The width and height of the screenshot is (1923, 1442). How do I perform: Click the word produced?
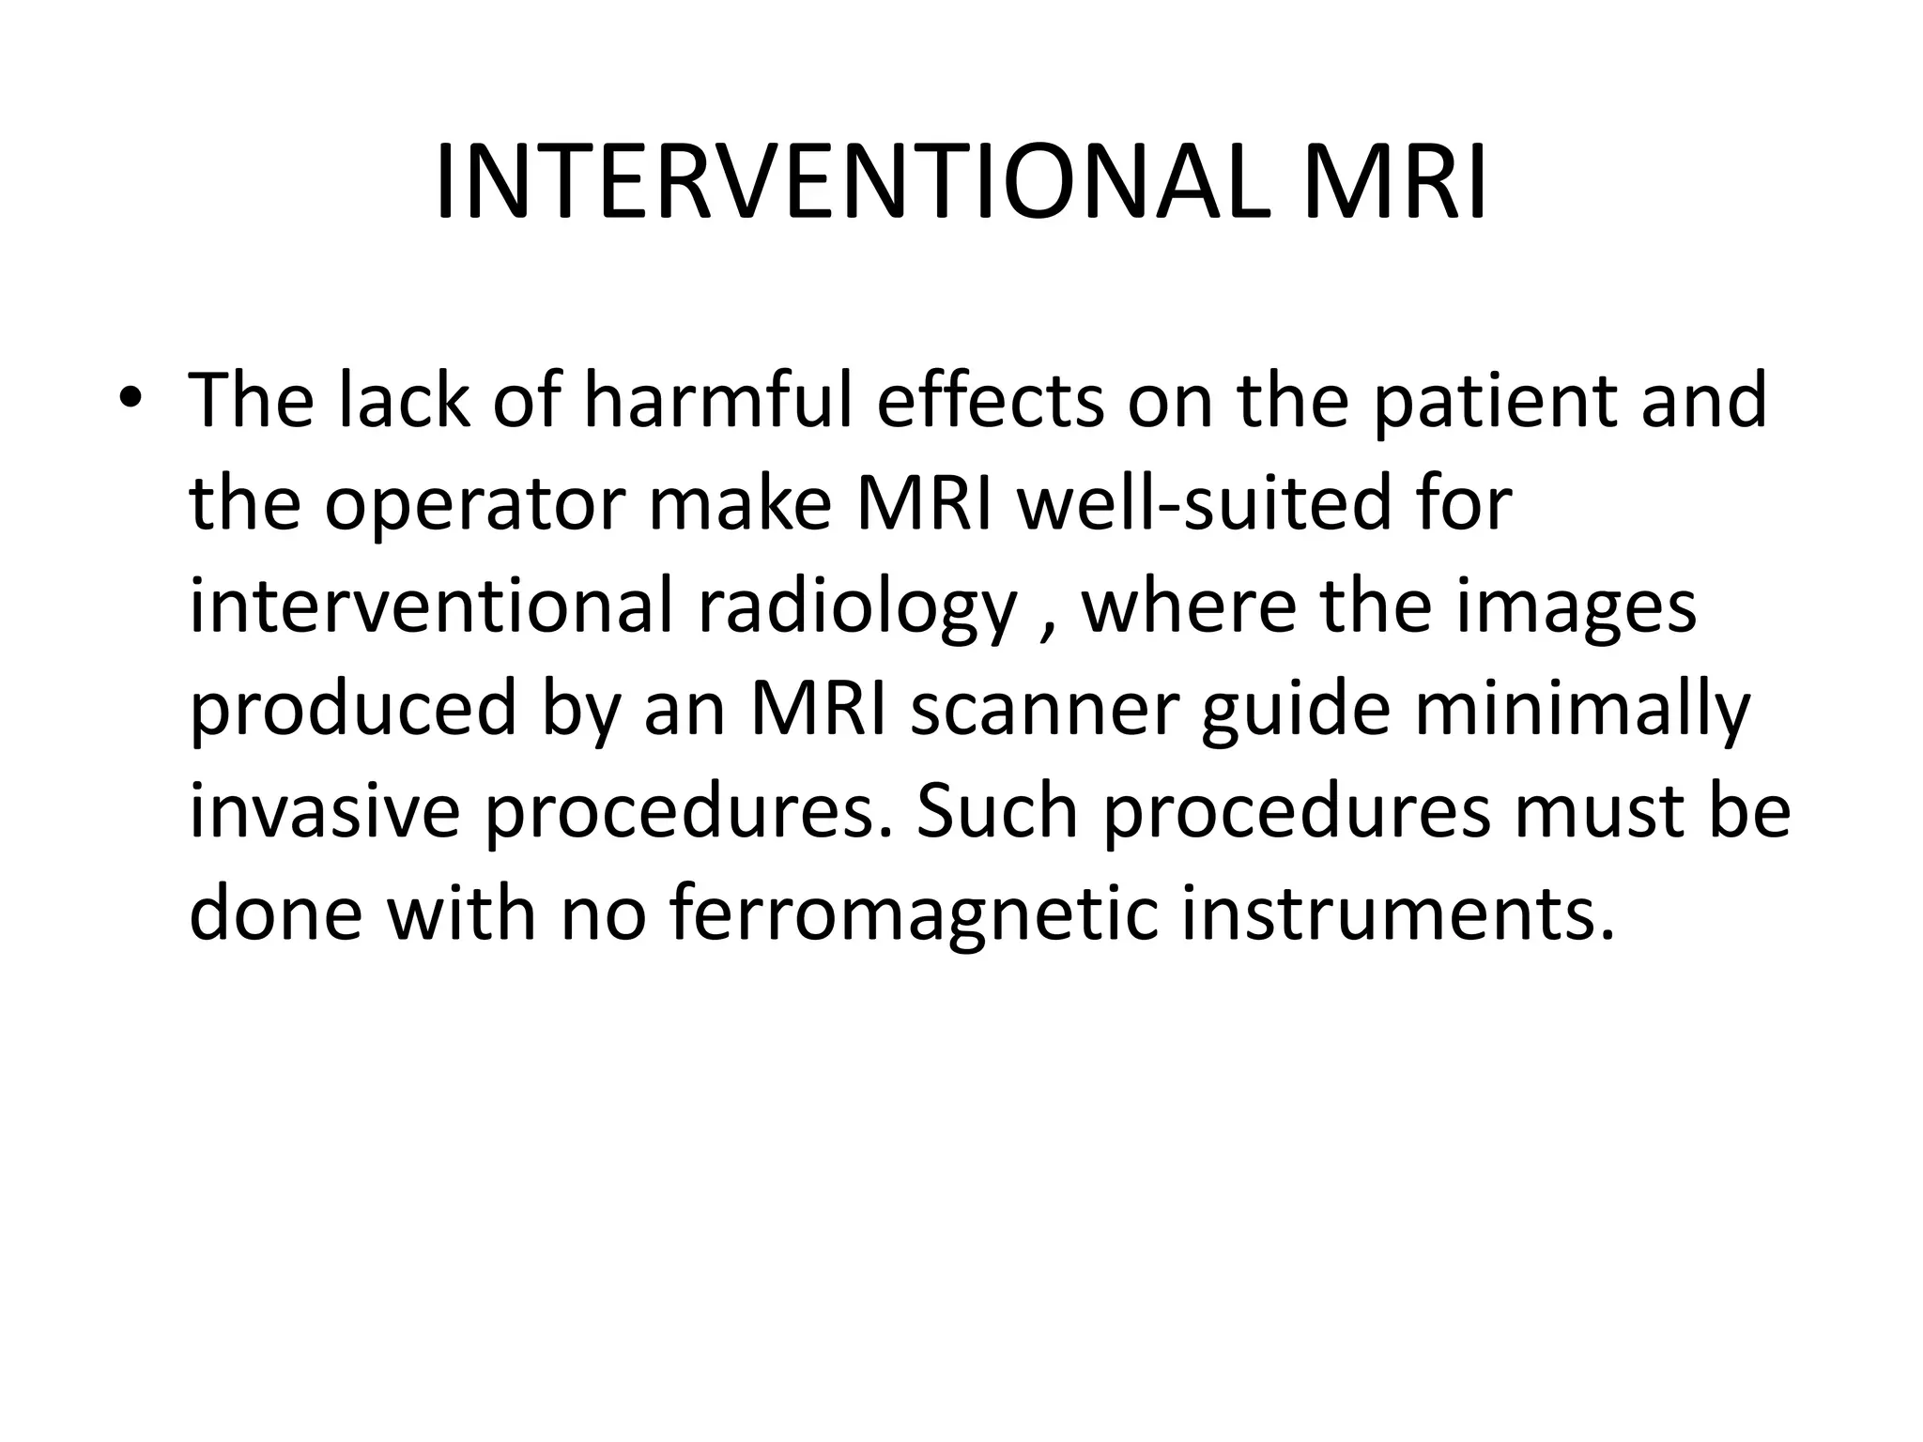(x=353, y=712)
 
